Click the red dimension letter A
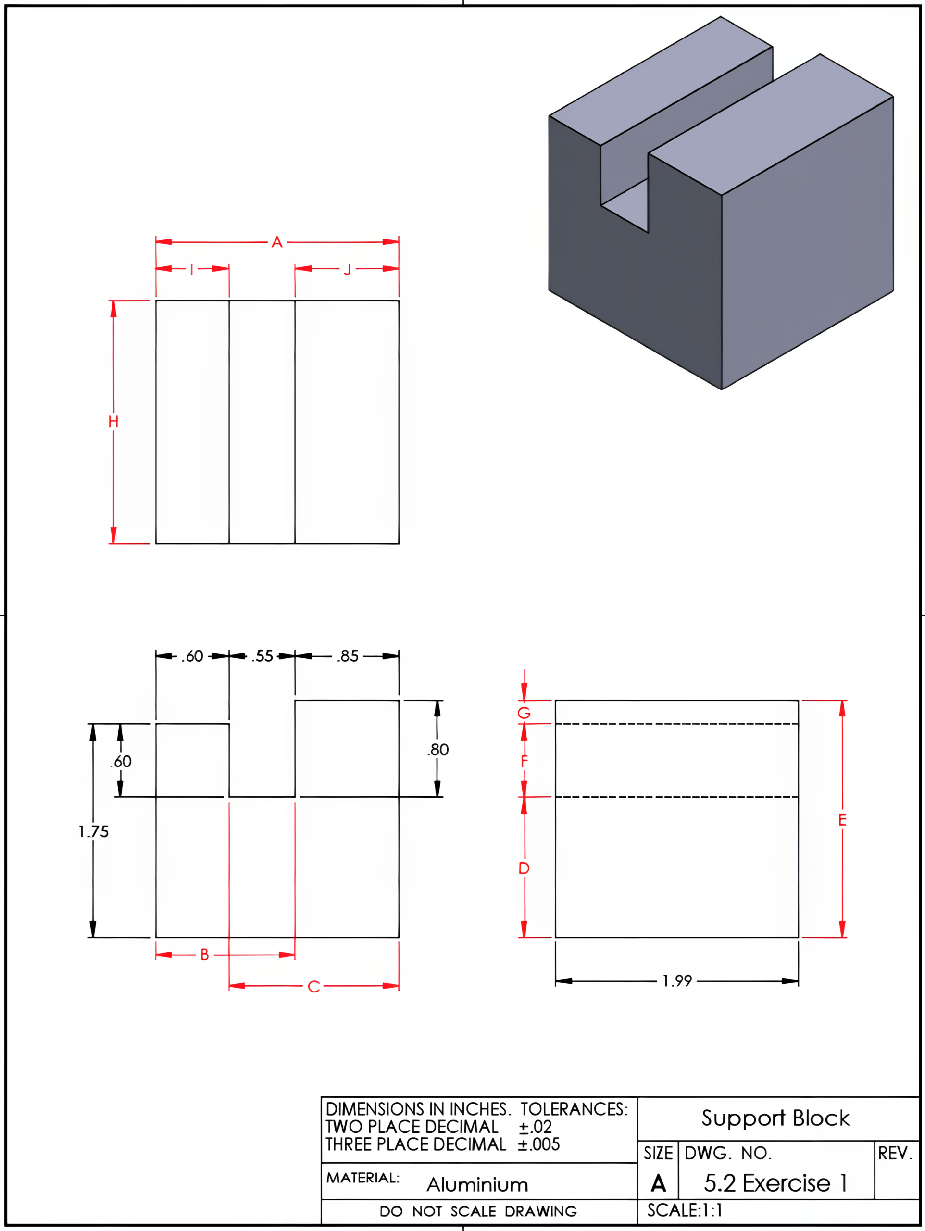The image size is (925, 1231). pos(276,242)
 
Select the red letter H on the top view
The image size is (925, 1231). pos(113,422)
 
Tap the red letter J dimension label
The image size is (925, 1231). pos(347,269)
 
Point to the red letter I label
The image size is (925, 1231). pos(191,269)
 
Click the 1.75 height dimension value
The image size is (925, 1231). pos(93,831)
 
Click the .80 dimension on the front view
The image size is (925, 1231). pos(438,750)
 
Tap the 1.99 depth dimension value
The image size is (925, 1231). pos(677,980)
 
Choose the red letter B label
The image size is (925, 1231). pos(204,955)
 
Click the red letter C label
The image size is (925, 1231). pos(313,987)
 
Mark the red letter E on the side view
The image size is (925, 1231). pos(842,820)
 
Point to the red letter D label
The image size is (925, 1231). pos(524,868)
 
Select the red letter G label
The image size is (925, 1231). pos(524,713)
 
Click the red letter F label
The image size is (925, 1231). pos(524,761)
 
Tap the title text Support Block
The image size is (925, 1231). pos(775,1118)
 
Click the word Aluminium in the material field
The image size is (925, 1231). pos(477,1185)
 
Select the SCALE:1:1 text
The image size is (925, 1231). pos(684,1210)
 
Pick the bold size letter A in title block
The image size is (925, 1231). pos(658,1183)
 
